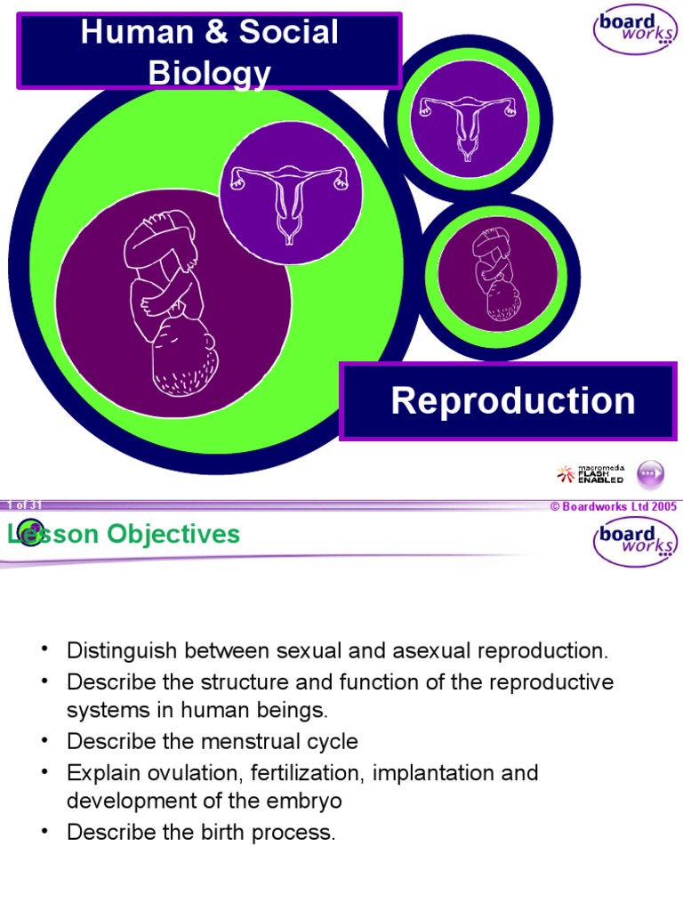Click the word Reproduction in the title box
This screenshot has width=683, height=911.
tap(513, 400)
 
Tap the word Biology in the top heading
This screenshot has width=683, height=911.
tap(209, 73)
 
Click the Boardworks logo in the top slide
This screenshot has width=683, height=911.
tap(635, 31)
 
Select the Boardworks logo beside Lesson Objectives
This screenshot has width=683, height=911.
tap(635, 542)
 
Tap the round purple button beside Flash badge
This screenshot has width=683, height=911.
tap(652, 473)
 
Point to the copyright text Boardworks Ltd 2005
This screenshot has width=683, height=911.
tap(614, 506)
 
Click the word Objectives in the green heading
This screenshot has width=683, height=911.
tap(174, 534)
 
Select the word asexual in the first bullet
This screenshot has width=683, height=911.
tap(427, 650)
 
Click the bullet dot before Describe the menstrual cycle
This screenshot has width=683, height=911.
tap(44, 739)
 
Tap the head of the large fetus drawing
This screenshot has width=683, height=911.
tap(181, 357)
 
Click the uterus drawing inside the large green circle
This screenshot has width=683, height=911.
tap(290, 203)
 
